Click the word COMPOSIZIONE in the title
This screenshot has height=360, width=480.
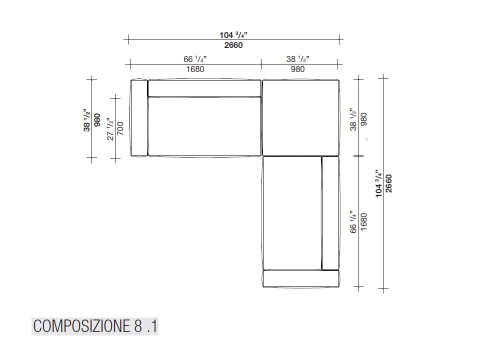pyautogui.click(x=81, y=326)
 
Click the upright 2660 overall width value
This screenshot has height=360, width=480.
pyautogui.click(x=233, y=45)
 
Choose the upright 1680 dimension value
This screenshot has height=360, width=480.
pyautogui.click(x=195, y=69)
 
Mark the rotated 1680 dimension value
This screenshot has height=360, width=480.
pyautogui.click(x=364, y=221)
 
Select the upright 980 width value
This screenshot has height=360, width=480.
pyautogui.click(x=297, y=69)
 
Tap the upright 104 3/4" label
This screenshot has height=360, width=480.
pyautogui.click(x=233, y=35)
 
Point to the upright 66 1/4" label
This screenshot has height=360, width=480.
pyautogui.click(x=195, y=59)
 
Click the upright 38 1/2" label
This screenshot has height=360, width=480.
pyautogui.click(x=297, y=59)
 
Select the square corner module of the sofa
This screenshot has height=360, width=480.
pyautogui.click(x=300, y=117)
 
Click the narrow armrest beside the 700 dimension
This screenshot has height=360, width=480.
pyautogui.click(x=138, y=118)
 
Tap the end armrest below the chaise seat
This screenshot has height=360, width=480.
pyautogui.click(x=300, y=279)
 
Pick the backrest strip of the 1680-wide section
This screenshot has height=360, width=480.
pyautogui.click(x=204, y=88)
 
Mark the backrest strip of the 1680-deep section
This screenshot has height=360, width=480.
pyautogui.click(x=330, y=213)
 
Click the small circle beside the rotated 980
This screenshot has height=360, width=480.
pyautogui.click(x=366, y=139)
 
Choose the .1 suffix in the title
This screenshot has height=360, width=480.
pyautogui.click(x=152, y=326)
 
